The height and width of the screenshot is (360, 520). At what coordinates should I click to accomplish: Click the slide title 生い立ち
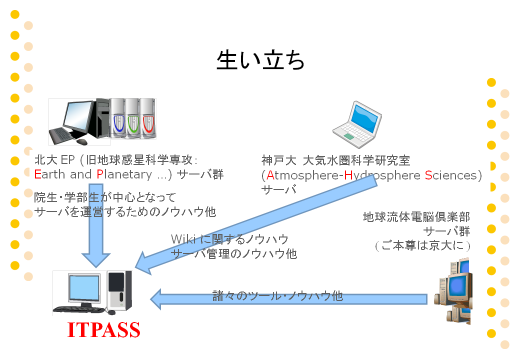pos(260,60)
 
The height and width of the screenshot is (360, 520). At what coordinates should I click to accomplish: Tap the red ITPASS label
pos(103,329)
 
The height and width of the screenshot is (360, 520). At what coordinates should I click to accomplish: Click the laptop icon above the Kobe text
pos(357,124)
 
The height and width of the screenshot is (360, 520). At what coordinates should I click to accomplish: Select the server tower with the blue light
pos(117,118)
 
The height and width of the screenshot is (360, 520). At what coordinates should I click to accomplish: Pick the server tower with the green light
pos(132,118)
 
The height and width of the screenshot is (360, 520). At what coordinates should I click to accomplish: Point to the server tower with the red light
pos(148,118)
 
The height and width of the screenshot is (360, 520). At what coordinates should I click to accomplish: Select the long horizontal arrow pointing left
pos(288,299)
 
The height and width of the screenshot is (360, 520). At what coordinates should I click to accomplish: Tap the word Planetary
pos(124,174)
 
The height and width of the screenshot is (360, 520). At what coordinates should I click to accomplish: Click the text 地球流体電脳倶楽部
pos(416,217)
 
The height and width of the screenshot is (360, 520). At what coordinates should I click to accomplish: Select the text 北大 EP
pos(54,160)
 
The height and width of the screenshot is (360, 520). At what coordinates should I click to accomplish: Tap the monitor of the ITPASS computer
pos(84,287)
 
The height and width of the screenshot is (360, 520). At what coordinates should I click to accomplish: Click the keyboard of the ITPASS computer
pos(79,309)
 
